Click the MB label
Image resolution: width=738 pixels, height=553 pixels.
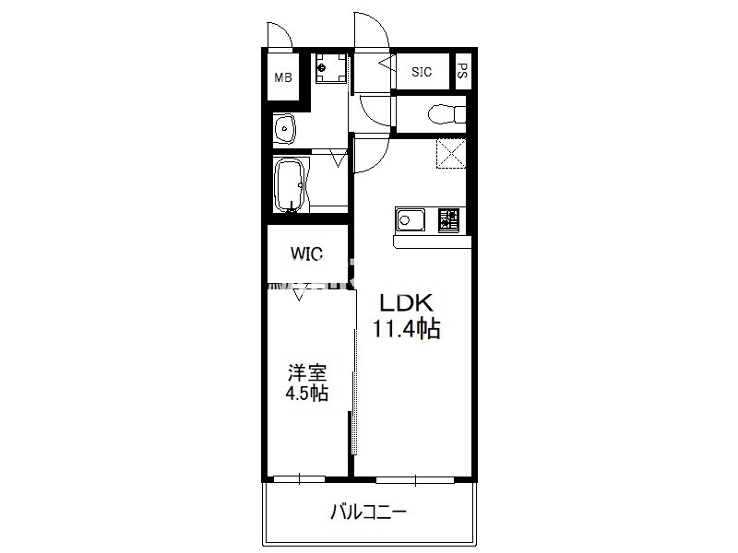(283, 77)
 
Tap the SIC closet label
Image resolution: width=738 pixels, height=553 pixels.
(422, 72)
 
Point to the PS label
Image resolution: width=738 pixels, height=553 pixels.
(462, 71)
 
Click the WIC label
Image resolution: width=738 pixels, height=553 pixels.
(306, 253)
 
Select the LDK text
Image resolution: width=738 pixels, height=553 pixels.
(406, 303)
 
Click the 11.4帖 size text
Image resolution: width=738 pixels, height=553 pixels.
(406, 328)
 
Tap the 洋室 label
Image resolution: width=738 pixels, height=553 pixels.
(307, 373)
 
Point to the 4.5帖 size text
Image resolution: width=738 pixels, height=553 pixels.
(307, 393)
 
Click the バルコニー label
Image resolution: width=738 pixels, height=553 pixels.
(368, 512)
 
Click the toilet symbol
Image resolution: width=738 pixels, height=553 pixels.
(446, 114)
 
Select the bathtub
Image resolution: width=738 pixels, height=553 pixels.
(291, 184)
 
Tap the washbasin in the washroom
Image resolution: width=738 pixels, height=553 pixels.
(284, 127)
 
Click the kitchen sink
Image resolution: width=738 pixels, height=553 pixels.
(411, 219)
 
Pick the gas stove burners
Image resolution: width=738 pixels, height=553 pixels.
(448, 220)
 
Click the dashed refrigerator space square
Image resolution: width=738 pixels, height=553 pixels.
(451, 153)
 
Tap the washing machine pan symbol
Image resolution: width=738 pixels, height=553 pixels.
(331, 67)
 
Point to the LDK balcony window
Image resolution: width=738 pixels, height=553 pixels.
(415, 479)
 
